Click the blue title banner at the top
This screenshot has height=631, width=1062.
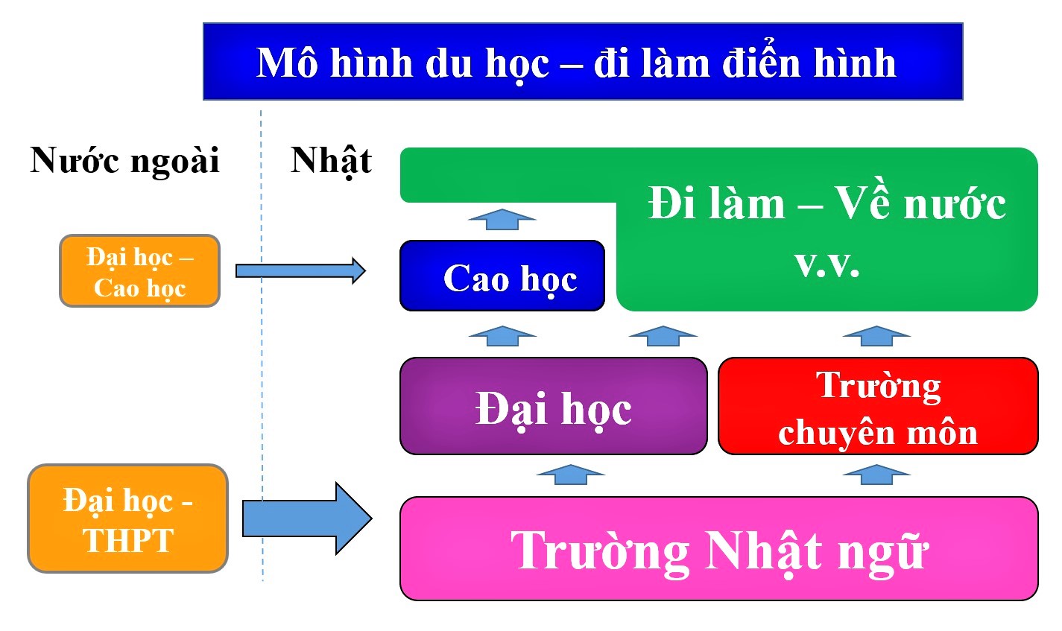[583, 61]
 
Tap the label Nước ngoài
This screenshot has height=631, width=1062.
[124, 160]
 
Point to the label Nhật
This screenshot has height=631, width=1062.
[331, 161]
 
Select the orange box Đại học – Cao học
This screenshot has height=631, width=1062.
[140, 270]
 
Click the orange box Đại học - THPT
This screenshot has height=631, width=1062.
[128, 519]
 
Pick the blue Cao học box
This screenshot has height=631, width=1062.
[502, 276]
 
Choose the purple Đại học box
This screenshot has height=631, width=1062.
[553, 406]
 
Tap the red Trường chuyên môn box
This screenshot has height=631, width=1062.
[878, 406]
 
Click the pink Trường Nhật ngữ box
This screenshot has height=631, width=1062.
[718, 548]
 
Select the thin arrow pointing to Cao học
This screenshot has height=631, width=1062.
[300, 271]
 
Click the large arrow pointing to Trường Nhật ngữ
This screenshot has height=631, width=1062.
[307, 519]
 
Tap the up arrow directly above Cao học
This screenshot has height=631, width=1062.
[502, 219]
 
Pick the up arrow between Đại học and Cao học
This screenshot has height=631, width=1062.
[502, 336]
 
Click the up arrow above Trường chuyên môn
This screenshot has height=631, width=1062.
[876, 336]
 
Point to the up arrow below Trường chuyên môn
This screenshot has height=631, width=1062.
[876, 475]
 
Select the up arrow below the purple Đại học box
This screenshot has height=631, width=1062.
[570, 475]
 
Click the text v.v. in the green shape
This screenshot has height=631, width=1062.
[827, 264]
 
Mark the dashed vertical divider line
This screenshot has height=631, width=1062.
[262, 346]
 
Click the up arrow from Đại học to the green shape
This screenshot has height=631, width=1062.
[663, 336]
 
